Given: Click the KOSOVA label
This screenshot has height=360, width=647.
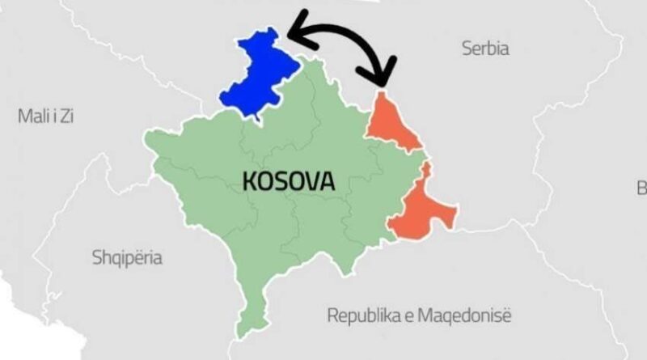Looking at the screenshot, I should click(289, 181).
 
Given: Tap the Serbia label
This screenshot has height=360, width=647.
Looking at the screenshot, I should click(485, 49).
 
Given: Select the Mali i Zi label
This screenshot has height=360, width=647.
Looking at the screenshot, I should click(46, 116).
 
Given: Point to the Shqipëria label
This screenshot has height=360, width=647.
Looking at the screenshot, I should click(126, 258).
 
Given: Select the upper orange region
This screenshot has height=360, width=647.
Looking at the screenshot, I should click(391, 125).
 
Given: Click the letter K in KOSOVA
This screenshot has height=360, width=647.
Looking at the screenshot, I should click(249, 181).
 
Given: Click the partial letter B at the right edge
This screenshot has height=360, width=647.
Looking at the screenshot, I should click(642, 188).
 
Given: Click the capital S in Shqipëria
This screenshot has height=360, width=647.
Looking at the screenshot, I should click(95, 258).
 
